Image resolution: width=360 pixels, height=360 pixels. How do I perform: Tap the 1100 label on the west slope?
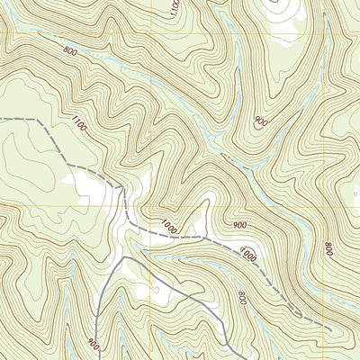click(78, 127)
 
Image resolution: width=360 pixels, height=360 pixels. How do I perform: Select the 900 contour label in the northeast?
click(261, 121)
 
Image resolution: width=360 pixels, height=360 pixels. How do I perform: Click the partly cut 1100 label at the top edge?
click(174, 7)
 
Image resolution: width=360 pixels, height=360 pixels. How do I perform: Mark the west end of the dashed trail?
click(2, 118)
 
